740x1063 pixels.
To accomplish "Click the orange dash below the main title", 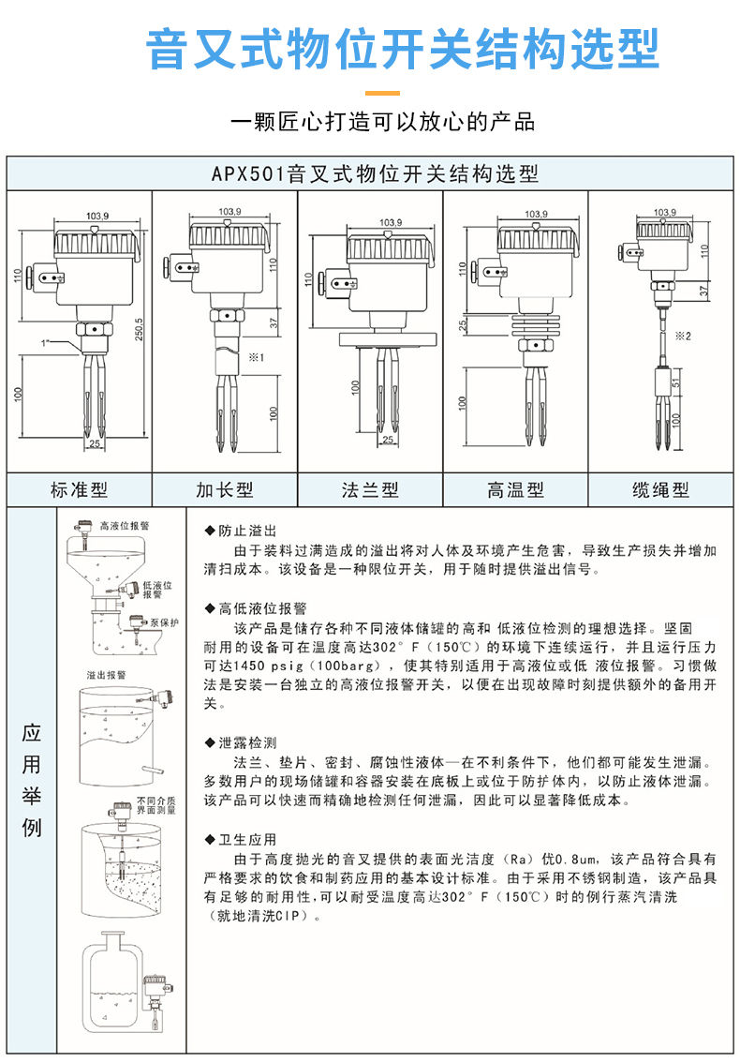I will point(381,93).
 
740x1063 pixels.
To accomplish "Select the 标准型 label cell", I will point(80,489).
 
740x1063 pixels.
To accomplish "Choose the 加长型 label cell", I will point(225,489).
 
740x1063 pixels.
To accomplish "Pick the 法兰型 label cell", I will point(370,489).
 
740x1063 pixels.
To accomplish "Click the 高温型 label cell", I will point(515,489).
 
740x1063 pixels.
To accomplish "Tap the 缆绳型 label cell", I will point(660,489).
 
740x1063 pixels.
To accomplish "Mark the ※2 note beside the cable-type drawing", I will point(683,336).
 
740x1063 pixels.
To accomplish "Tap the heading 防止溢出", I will point(242,531).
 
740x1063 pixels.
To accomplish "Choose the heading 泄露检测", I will point(242,742).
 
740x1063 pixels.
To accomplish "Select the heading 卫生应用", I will point(242,839).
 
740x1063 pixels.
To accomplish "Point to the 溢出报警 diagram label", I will point(105,675).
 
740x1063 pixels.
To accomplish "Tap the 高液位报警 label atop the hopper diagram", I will point(124,527).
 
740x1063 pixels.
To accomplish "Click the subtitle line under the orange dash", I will point(381,122).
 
